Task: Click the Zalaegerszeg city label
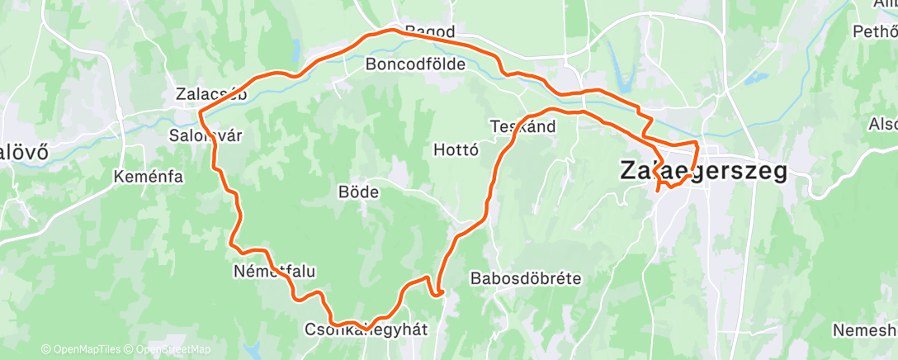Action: click(702, 172)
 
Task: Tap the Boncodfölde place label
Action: click(415, 64)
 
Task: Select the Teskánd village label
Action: click(522, 127)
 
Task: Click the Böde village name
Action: click(358, 192)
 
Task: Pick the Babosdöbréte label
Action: click(526, 277)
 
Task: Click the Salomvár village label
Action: click(206, 135)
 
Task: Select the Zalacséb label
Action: click(212, 93)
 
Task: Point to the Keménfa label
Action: click(149, 176)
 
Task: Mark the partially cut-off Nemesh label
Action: click(864, 330)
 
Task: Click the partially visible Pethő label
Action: click(875, 33)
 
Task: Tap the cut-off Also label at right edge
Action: click(881, 123)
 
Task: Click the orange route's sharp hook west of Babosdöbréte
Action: click(438, 291)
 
